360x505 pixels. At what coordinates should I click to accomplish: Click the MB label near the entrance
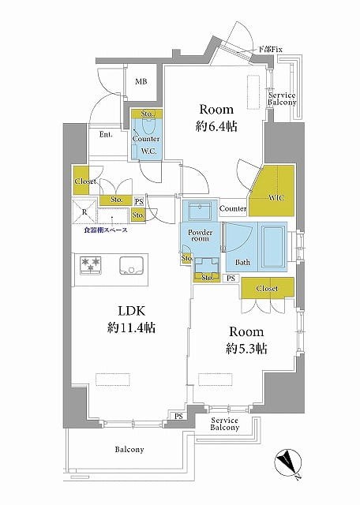pyautogui.click(x=141, y=82)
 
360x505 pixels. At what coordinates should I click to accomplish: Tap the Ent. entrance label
pyautogui.click(x=106, y=135)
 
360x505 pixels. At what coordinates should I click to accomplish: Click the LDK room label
pyautogui.click(x=132, y=311)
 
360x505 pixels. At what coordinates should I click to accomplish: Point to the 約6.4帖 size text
pyautogui.click(x=216, y=126)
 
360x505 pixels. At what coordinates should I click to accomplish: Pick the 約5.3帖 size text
pyautogui.click(x=246, y=349)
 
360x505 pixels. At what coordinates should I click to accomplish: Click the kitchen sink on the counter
pyautogui.click(x=131, y=265)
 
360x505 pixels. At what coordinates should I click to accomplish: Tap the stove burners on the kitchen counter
pyautogui.click(x=91, y=264)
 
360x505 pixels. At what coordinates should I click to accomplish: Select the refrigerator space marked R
pyautogui.click(x=84, y=211)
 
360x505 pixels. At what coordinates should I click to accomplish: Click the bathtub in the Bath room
pyautogui.click(x=274, y=246)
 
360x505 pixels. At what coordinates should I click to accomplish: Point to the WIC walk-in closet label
pyautogui.click(x=276, y=198)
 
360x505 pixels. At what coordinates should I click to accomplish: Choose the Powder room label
pyautogui.click(x=201, y=235)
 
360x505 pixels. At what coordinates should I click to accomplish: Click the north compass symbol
pyautogui.click(x=288, y=460)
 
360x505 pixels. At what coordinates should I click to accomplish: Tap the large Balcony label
pyautogui.click(x=129, y=449)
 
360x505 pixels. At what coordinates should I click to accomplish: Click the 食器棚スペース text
pyautogui.click(x=105, y=230)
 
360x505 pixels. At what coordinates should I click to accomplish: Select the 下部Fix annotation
pyautogui.click(x=271, y=50)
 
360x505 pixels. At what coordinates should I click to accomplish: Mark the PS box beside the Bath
pyautogui.click(x=231, y=278)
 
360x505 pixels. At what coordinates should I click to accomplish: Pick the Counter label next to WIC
pyautogui.click(x=232, y=209)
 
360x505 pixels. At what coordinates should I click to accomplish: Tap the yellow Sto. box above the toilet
pyautogui.click(x=147, y=114)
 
